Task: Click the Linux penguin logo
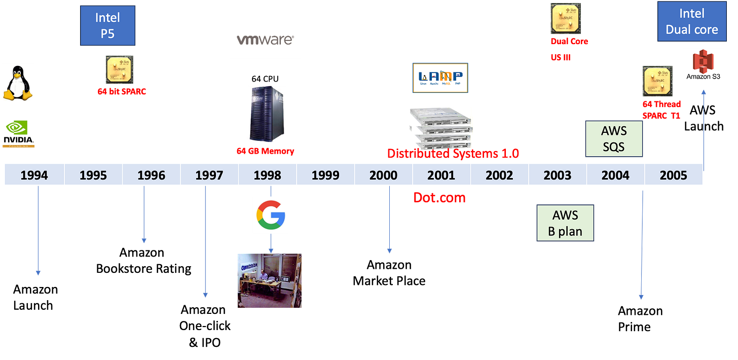(x=18, y=83)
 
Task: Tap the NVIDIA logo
(x=19, y=132)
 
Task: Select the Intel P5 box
(x=108, y=25)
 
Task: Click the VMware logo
(x=265, y=40)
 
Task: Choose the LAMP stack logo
(x=440, y=78)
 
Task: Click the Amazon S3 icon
(x=703, y=65)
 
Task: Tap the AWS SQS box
(x=614, y=139)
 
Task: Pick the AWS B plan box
(x=565, y=223)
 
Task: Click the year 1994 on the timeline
(x=34, y=175)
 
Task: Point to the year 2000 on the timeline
(x=383, y=175)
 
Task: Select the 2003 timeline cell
(x=557, y=175)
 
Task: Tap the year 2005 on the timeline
(x=673, y=175)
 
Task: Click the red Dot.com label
(x=439, y=197)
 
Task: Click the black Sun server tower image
(x=267, y=114)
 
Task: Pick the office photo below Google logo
(x=270, y=280)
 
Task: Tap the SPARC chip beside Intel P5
(x=119, y=70)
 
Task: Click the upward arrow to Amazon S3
(x=703, y=127)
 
